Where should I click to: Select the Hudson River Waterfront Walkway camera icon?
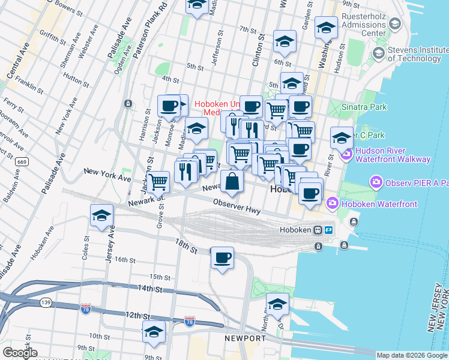pos(346,155)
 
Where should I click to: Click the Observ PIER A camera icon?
pos(376,181)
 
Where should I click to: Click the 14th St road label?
pos(151,289)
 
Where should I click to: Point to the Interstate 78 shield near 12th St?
pos(86,308)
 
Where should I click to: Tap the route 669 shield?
pos(22,162)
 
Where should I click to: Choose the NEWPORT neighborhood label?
pos(245,338)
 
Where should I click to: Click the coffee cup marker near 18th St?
pos(223,257)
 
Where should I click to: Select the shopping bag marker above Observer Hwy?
pos(232,180)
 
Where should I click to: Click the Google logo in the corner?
pos(20,353)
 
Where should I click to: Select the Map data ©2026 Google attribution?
pos(411,355)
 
